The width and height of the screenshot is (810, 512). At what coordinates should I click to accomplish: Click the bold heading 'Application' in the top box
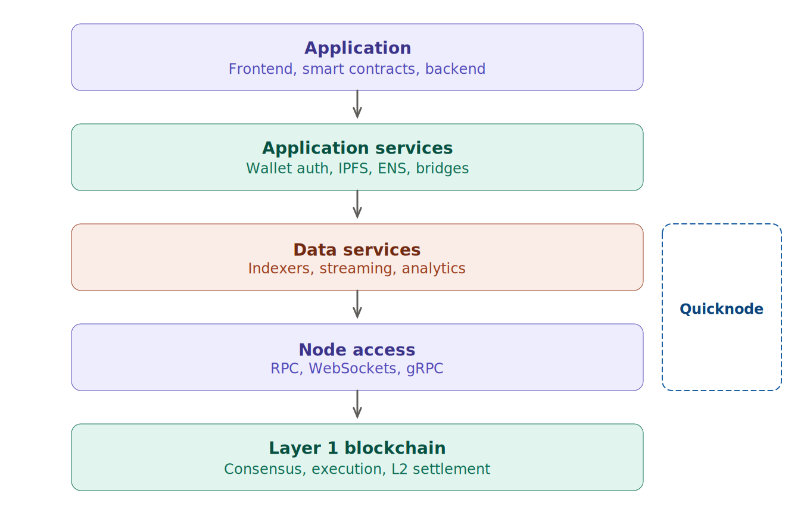357,48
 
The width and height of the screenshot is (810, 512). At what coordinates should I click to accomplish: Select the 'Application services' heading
357,148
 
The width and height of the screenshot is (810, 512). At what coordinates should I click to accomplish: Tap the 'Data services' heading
357,250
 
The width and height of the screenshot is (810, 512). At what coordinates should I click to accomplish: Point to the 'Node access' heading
357,350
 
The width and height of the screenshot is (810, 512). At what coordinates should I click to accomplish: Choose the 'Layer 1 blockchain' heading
357,448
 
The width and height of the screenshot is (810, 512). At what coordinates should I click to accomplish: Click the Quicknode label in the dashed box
721,309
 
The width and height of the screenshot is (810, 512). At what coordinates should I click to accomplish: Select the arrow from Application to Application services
357,105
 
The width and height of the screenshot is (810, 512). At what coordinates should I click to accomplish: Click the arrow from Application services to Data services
357,205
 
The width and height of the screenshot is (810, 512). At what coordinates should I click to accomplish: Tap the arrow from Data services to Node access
357,305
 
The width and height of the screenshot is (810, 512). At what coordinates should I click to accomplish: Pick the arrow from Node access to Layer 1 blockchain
357,405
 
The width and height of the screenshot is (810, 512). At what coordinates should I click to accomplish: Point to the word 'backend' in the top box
456,69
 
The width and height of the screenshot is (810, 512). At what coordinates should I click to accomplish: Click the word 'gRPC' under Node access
425,369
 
